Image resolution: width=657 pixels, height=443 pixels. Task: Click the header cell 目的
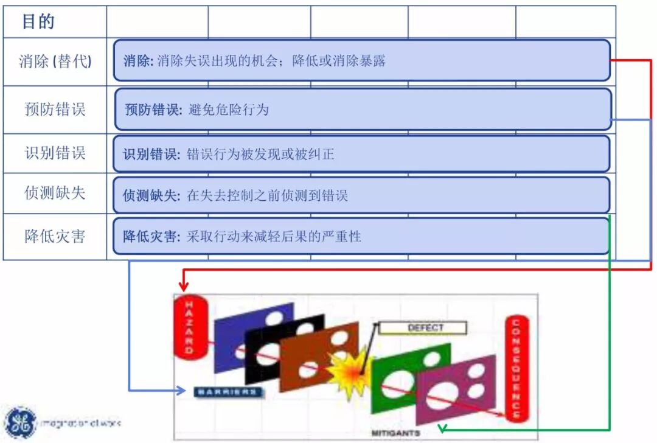click(x=38, y=22)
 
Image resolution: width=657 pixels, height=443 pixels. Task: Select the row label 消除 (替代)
click(x=55, y=61)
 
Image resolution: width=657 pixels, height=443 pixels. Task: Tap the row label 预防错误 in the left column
click(x=55, y=110)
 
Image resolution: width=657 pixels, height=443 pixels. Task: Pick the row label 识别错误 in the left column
click(x=55, y=153)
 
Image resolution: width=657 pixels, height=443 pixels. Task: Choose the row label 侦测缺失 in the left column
click(x=55, y=194)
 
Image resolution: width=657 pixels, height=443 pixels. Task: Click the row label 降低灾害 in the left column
click(x=55, y=236)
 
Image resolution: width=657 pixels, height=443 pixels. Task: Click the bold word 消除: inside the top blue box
click(x=138, y=61)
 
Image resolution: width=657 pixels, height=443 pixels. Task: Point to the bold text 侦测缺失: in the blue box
click(x=151, y=196)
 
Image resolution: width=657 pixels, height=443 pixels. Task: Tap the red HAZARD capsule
click(x=189, y=327)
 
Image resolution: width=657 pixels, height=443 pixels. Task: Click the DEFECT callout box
click(x=425, y=329)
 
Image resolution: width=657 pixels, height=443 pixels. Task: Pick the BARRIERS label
click(x=228, y=392)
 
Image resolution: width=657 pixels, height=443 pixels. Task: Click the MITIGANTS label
click(x=396, y=433)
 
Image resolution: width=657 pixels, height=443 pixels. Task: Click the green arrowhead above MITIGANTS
click(x=442, y=428)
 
